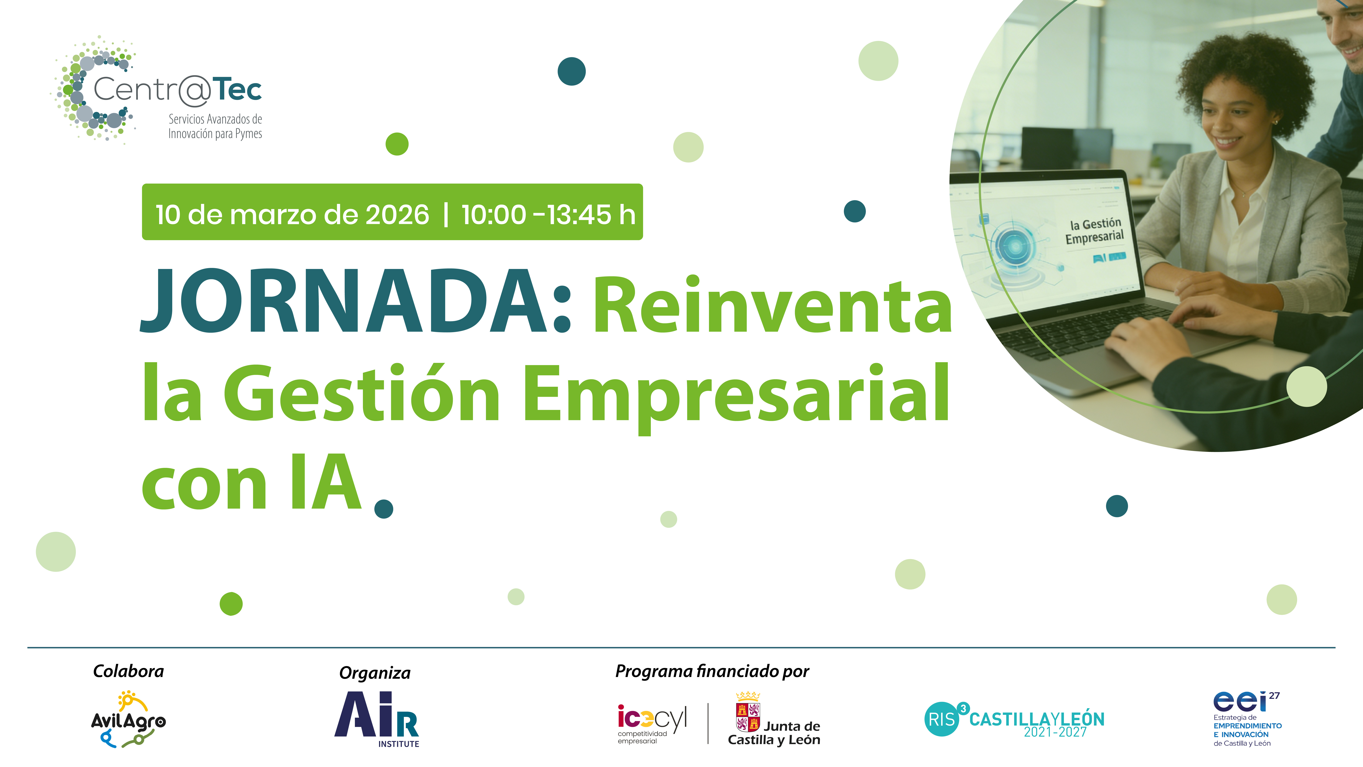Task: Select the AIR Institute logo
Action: pyautogui.click(x=377, y=719)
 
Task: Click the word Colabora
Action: pyautogui.click(x=129, y=671)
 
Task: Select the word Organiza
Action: pyautogui.click(x=375, y=673)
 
